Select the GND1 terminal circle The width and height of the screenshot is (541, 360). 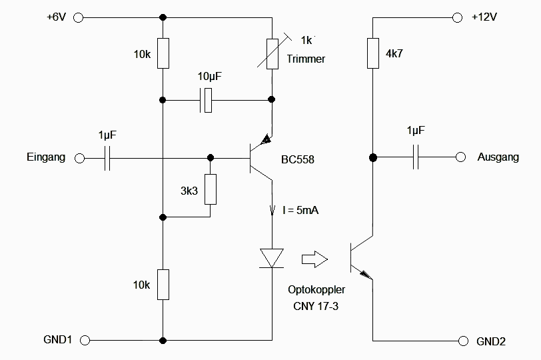pos(85,341)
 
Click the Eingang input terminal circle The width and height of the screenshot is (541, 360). pos(79,158)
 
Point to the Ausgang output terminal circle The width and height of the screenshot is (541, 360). pos(460,158)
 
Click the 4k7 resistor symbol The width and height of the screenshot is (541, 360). pos(372,53)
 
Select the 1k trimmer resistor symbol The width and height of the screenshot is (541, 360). pos(272,53)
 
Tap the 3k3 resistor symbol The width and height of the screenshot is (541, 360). pos(211,189)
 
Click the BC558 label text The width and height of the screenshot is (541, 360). pos(297,160)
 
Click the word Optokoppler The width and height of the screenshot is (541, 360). pos(312,290)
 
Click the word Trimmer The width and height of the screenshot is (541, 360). pos(306,59)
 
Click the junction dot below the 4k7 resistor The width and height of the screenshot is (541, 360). pos(372,158)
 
